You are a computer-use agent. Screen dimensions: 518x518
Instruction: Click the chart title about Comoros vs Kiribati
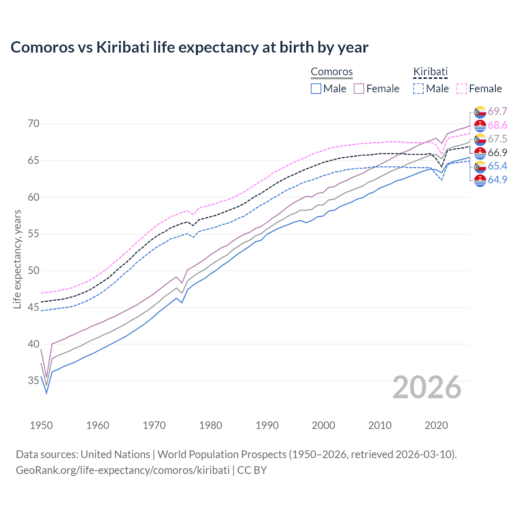(x=189, y=47)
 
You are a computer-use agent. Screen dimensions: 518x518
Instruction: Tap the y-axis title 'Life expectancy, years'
(x=17, y=259)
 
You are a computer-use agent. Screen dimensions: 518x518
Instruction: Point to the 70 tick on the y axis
(x=34, y=123)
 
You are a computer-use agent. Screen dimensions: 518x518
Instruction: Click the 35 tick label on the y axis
(x=34, y=381)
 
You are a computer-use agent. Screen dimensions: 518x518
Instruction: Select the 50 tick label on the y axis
(x=34, y=270)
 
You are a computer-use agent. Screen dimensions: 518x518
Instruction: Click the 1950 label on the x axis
(x=41, y=425)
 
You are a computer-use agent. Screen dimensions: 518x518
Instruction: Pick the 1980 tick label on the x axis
(x=210, y=425)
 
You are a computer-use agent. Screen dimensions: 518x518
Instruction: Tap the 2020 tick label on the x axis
(x=436, y=425)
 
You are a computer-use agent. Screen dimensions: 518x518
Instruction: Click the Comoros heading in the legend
(x=331, y=72)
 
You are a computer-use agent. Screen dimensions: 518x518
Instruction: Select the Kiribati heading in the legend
(x=430, y=72)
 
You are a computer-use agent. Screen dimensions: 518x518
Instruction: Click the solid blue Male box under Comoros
(x=316, y=89)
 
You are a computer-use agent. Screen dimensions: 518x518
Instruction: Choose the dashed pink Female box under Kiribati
(x=462, y=89)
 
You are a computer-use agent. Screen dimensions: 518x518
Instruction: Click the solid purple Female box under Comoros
(x=359, y=89)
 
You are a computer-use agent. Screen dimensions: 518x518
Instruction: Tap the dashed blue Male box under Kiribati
(x=418, y=89)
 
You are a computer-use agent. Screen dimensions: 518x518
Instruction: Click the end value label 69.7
(x=497, y=111)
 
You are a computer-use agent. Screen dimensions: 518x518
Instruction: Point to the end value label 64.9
(x=497, y=180)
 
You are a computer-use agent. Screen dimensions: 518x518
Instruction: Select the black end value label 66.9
(x=497, y=153)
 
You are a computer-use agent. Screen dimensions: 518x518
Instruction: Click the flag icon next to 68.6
(x=480, y=125)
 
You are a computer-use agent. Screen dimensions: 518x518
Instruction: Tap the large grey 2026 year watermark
(x=427, y=387)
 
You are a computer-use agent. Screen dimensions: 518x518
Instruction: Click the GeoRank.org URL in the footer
(x=123, y=470)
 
